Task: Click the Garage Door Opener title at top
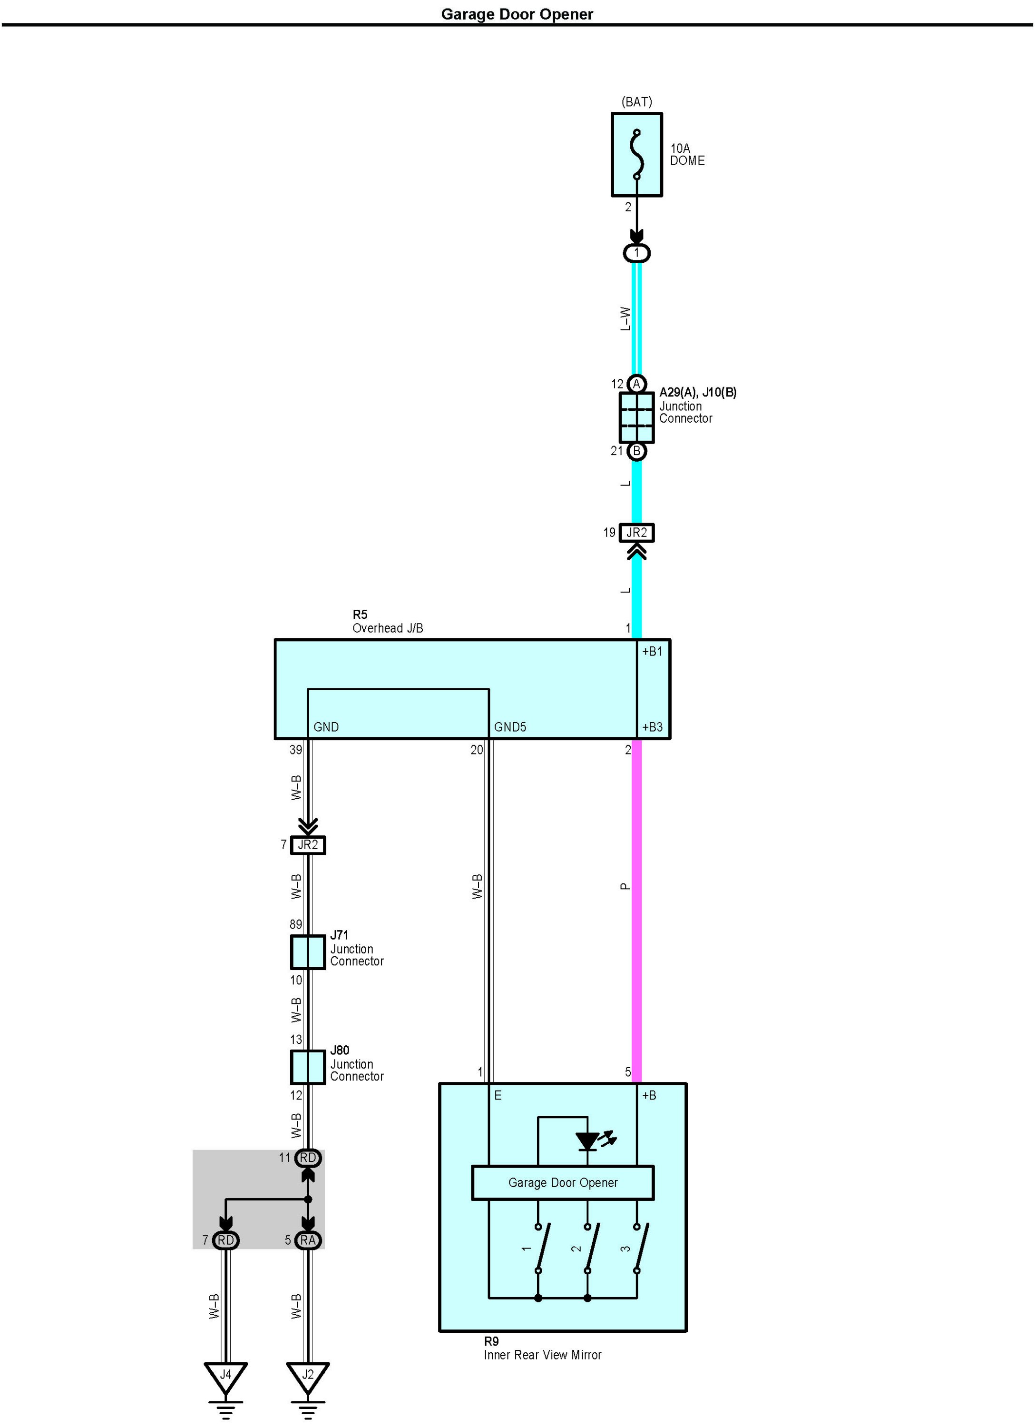(517, 14)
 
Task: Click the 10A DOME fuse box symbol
(637, 155)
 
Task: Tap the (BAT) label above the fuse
(637, 101)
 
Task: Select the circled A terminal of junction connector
(637, 384)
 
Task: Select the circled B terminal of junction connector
(637, 451)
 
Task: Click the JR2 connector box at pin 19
(637, 533)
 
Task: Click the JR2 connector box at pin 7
(308, 845)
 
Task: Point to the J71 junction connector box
(308, 952)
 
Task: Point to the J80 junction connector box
(308, 1067)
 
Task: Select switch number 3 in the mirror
(637, 1248)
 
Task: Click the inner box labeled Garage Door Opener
(563, 1182)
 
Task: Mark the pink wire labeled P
(637, 911)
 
